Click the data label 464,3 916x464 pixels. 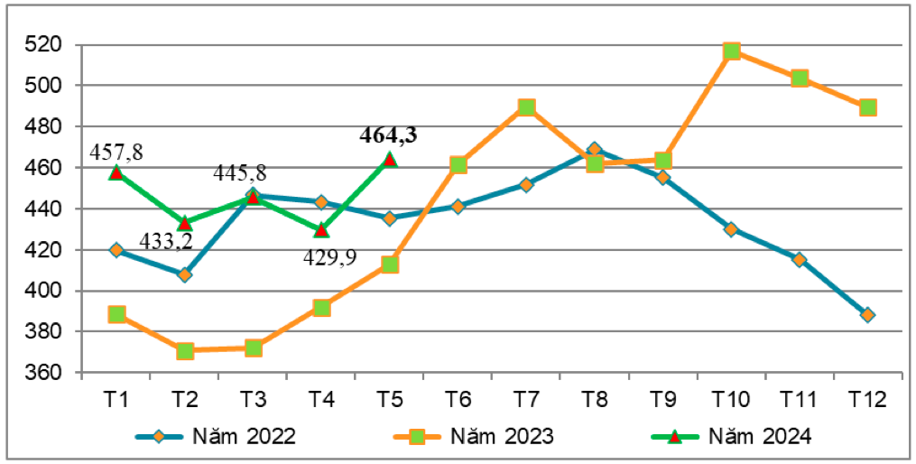coord(388,136)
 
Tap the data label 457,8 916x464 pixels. coord(116,152)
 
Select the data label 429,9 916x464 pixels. coord(329,257)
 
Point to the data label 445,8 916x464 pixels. coord(240,173)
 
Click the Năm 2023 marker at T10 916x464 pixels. coord(731,51)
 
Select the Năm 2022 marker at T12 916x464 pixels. coord(867,315)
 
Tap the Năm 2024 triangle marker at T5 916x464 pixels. coord(389,160)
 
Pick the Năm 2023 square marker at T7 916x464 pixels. coord(526,107)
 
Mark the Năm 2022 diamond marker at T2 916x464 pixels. coord(185,274)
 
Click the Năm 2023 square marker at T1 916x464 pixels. coord(116,314)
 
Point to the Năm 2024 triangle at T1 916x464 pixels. coord(116,172)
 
